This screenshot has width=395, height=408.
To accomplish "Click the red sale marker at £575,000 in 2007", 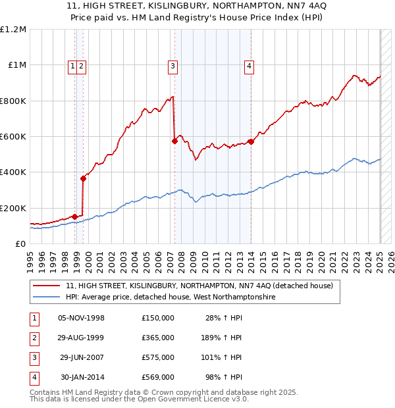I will click(x=174, y=141).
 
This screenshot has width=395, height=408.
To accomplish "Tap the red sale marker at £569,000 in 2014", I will click(x=251, y=141).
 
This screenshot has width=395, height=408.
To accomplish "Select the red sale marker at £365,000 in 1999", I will click(x=84, y=178).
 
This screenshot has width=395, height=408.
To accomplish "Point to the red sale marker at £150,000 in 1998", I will click(x=75, y=217).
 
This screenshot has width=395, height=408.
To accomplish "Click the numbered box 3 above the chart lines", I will click(x=172, y=65).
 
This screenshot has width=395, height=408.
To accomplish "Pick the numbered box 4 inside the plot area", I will click(x=250, y=65).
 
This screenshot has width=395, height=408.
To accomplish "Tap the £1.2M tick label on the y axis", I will click(x=13, y=30).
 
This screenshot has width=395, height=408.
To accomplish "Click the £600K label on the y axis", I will click(x=13, y=137).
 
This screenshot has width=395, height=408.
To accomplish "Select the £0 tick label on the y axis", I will click(x=20, y=243).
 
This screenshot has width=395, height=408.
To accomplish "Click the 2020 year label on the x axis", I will click(x=321, y=257).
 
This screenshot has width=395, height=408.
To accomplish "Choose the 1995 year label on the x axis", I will click(x=30, y=257).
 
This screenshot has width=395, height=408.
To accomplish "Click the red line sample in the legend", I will click(x=47, y=286).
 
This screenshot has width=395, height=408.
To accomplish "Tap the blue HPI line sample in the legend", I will click(x=47, y=297).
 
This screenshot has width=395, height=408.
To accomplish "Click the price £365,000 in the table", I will click(x=158, y=338).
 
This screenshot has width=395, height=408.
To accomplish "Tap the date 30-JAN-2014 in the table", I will click(x=82, y=377).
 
